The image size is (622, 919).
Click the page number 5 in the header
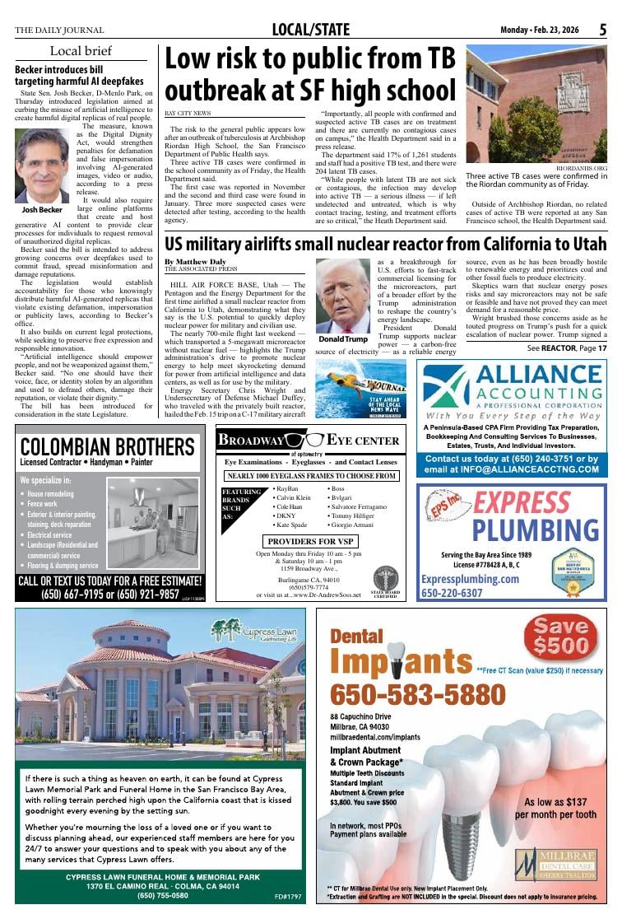click(602, 30)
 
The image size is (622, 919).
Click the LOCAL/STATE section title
click(310, 30)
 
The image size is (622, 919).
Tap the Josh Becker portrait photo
click(42, 166)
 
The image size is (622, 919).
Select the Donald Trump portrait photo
click(342, 296)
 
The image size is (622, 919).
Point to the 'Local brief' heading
click(80, 51)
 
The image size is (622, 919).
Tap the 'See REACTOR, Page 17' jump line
click(567, 348)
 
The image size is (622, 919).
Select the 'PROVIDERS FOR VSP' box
click(311, 541)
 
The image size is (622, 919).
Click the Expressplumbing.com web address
click(470, 579)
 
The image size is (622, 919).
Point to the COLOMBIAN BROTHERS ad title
click(109, 447)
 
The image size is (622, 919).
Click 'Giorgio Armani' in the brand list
click(354, 525)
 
